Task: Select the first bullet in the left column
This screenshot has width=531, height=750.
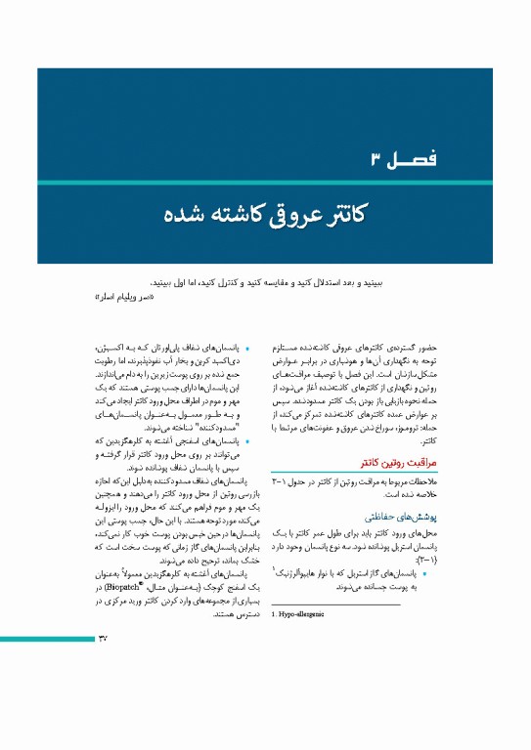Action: [x=247, y=349]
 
